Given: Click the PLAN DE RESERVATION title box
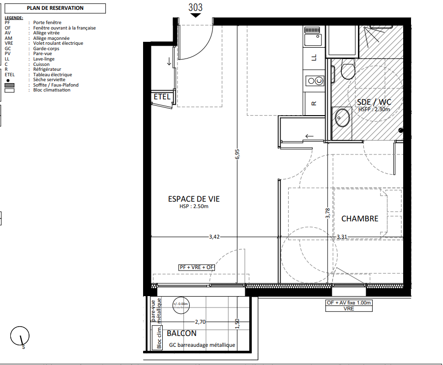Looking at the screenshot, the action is point(55,8).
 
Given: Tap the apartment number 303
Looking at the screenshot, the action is point(196,8).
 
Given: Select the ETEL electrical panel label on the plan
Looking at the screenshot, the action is point(162,97).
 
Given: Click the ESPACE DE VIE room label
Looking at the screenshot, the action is point(194,199).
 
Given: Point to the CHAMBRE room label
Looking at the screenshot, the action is point(359,218).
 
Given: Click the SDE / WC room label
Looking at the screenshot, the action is point(374,102).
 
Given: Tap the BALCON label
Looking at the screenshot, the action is point(181,334).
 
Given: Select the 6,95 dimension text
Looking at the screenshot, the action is point(237,154).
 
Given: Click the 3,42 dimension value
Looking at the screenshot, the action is point(214,237).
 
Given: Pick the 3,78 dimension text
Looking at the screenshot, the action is point(327,213).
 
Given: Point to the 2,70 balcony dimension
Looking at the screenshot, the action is point(200,322).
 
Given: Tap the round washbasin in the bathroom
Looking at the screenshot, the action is point(342,118).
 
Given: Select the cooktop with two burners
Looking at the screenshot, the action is point(315,81).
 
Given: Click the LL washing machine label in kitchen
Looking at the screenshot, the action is point(314,58).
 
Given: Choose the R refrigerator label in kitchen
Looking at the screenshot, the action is point(314,103).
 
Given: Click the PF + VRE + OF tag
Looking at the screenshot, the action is point(197,267).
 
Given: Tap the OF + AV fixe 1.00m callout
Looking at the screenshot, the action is point(349,303).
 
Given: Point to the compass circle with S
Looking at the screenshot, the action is point(20,336).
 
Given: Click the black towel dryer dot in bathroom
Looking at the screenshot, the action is point(401,130).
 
